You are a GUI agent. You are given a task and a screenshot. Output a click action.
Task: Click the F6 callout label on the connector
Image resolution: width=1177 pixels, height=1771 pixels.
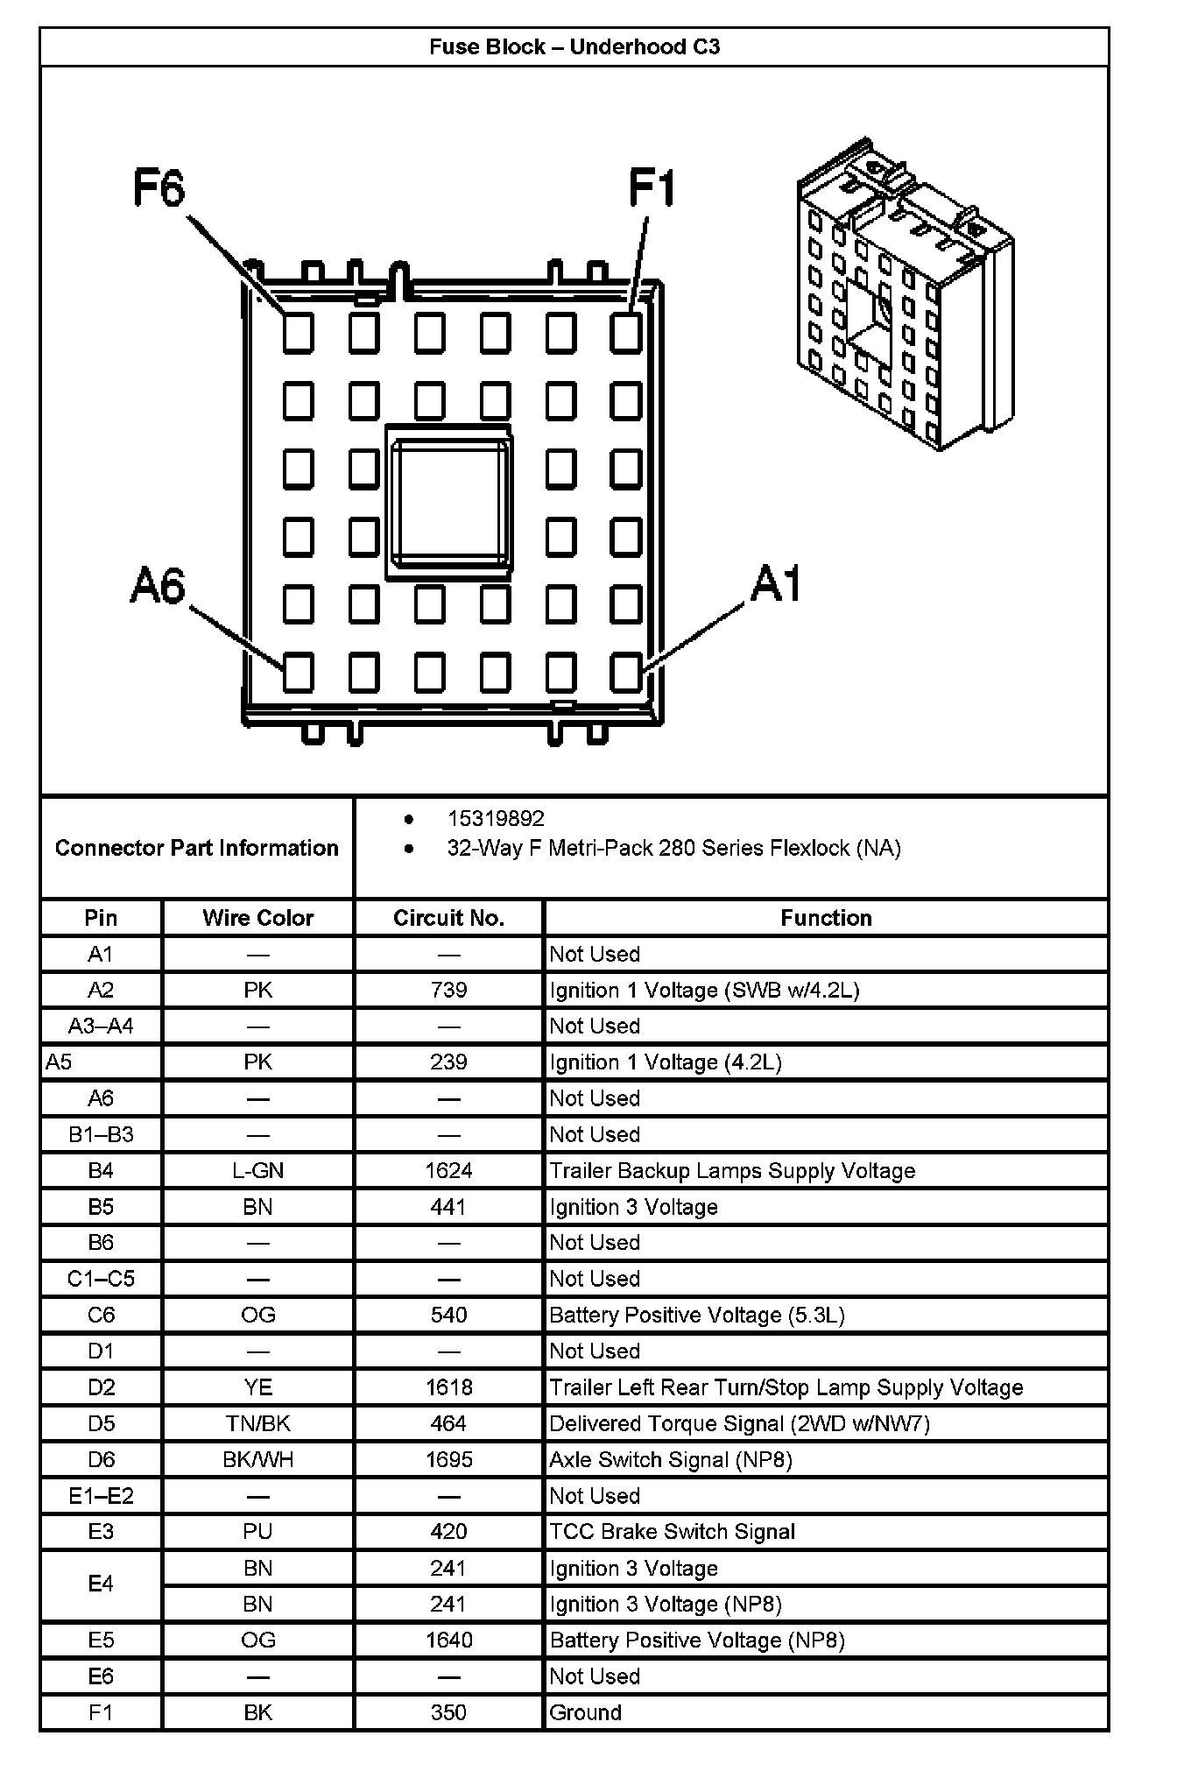tap(159, 187)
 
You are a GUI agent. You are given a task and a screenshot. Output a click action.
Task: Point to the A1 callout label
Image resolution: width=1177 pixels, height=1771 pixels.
tap(775, 583)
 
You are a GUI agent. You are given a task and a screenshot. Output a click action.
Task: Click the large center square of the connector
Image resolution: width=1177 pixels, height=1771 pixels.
tap(449, 504)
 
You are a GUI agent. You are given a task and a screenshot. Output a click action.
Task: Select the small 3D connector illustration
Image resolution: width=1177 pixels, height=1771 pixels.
tap(905, 293)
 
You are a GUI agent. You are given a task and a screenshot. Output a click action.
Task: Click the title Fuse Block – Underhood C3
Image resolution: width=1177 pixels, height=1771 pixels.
tap(574, 47)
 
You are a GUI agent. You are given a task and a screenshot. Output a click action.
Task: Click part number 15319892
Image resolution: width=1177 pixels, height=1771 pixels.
tap(496, 818)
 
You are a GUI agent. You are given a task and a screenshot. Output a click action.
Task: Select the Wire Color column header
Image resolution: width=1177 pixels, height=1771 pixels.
tap(257, 918)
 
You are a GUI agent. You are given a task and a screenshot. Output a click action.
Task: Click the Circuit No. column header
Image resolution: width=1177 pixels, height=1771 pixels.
tap(448, 918)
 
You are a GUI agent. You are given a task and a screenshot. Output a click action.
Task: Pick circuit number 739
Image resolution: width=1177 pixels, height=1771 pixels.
tap(448, 990)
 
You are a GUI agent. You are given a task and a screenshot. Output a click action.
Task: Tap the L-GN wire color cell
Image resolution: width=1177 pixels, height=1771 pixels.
tap(257, 1170)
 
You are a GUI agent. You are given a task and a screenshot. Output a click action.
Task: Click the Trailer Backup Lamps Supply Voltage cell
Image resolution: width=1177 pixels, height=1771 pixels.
tap(732, 1170)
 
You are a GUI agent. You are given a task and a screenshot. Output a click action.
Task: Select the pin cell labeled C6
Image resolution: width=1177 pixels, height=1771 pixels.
tap(101, 1315)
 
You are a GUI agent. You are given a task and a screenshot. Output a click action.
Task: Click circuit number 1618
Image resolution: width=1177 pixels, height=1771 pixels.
tap(448, 1387)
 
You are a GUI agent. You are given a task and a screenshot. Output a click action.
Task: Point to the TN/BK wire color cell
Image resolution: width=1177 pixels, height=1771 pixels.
tap(257, 1423)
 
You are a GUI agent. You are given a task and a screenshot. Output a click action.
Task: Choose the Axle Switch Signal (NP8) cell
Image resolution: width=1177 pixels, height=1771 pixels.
tap(671, 1459)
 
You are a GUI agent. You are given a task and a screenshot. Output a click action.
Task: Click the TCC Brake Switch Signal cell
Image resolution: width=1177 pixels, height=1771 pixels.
tap(672, 1531)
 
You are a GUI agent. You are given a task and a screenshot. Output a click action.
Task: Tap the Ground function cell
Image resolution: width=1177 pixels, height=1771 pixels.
tap(585, 1712)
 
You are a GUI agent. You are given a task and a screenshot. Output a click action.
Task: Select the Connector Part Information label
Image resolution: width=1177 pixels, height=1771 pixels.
tap(196, 848)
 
